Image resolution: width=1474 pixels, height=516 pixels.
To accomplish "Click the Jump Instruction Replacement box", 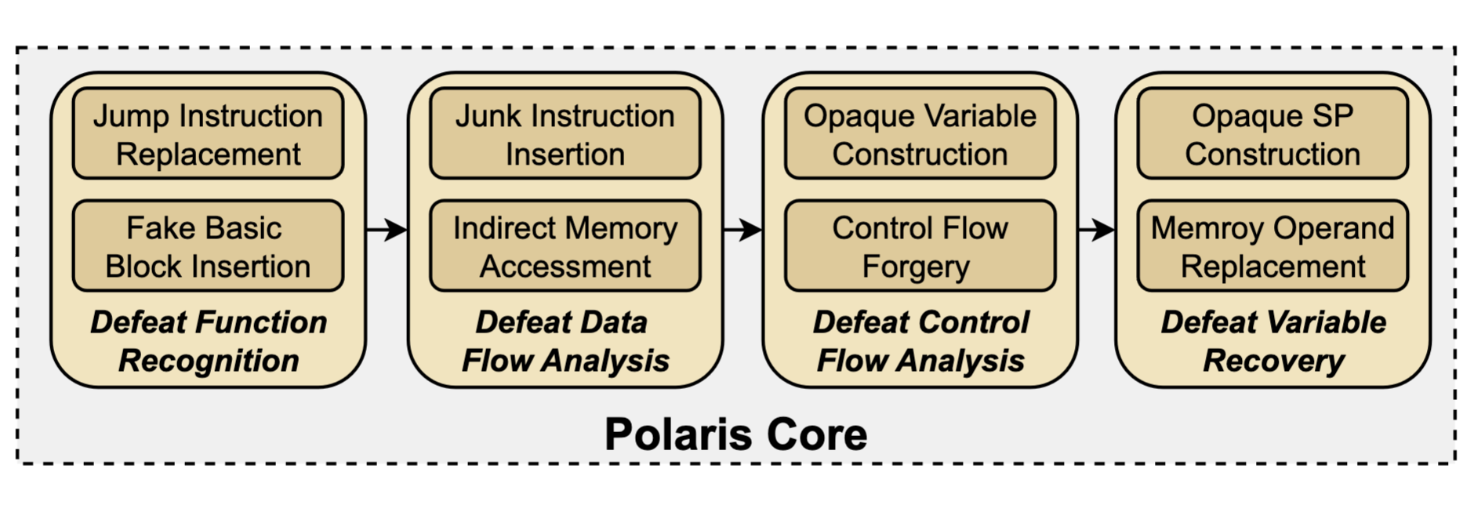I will pos(208,134).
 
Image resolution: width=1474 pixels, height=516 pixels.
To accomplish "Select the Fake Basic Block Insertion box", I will pos(208,246).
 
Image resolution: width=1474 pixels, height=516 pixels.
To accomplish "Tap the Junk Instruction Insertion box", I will pos(565,134).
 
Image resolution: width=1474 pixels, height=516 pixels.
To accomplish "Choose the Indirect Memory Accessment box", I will pos(565,246).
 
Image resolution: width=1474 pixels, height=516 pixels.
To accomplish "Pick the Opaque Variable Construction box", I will pos(920,134).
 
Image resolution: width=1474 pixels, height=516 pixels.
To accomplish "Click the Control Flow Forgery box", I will pos(920,246).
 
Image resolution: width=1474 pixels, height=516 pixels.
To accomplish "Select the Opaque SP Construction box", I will pos(1273,134).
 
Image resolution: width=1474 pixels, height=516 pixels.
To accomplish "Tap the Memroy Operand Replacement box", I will pos(1273,246).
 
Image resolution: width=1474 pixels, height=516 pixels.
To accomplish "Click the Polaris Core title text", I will pos(735,434).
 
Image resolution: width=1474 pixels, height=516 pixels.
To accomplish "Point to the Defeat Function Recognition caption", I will pos(208,341).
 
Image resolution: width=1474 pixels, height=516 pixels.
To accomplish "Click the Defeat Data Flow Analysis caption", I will pos(565,341).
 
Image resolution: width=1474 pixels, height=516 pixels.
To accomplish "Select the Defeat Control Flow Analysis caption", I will pos(920,341).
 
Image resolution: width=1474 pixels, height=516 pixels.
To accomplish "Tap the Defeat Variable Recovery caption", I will pos(1273,341).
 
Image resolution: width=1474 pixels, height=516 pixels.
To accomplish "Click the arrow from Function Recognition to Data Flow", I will pos(387,230).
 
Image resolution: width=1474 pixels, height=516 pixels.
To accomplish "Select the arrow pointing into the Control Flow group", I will pos(742,230).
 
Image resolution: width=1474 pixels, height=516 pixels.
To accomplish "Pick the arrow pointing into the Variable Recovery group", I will pos(1096,230).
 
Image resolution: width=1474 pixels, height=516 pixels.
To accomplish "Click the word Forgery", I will pos(915,267).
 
